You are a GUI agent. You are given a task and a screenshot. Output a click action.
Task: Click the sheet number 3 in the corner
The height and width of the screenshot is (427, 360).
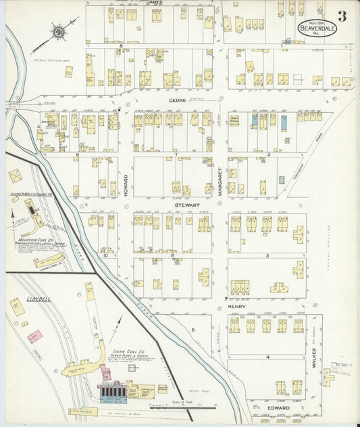[x=342, y=16]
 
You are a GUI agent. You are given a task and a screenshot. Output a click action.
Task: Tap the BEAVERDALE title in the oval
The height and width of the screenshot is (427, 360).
[x=316, y=30]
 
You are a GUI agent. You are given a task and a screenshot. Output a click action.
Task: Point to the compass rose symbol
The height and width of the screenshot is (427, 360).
[x=59, y=30]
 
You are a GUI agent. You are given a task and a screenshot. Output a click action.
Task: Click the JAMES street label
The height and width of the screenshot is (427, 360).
[x=153, y=3]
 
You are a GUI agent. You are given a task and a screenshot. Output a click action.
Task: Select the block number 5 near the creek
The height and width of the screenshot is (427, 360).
[x=193, y=329]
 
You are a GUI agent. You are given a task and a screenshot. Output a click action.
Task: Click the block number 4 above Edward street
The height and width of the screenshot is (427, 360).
[x=267, y=357]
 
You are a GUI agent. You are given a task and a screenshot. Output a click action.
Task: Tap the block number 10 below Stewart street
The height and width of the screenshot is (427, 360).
[x=105, y=255]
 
